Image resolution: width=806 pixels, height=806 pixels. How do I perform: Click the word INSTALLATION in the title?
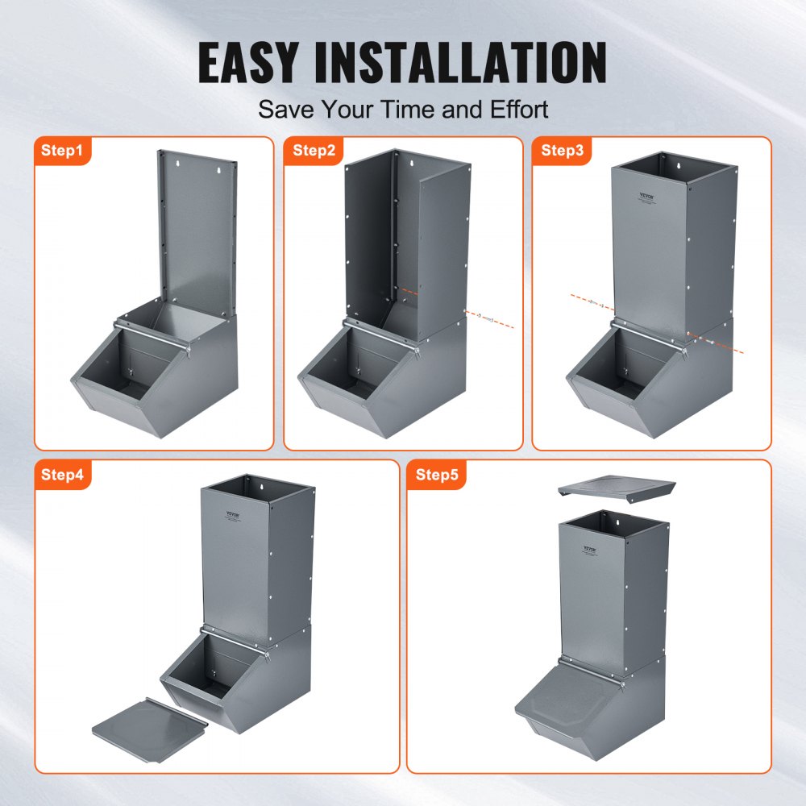pyautogui.click(x=475, y=63)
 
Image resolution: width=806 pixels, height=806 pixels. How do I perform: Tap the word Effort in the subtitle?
pyautogui.click(x=514, y=109)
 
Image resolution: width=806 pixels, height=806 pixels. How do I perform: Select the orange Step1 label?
pyautogui.click(x=63, y=150)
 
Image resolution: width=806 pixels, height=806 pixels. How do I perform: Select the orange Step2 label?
pyautogui.click(x=313, y=150)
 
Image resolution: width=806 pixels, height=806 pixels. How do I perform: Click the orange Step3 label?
pyautogui.click(x=561, y=150)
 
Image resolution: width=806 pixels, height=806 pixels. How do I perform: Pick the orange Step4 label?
pyautogui.click(x=63, y=475)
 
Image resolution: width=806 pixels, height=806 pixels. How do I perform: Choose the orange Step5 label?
pyautogui.click(x=437, y=475)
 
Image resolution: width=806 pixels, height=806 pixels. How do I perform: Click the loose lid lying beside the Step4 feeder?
pyautogui.click(x=149, y=723)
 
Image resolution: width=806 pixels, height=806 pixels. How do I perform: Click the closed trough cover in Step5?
pyautogui.click(x=569, y=700)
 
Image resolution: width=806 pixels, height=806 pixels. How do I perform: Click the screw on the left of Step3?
pyautogui.click(x=592, y=302)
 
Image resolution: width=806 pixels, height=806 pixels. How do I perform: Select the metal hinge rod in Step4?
pyautogui.click(x=234, y=641)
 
